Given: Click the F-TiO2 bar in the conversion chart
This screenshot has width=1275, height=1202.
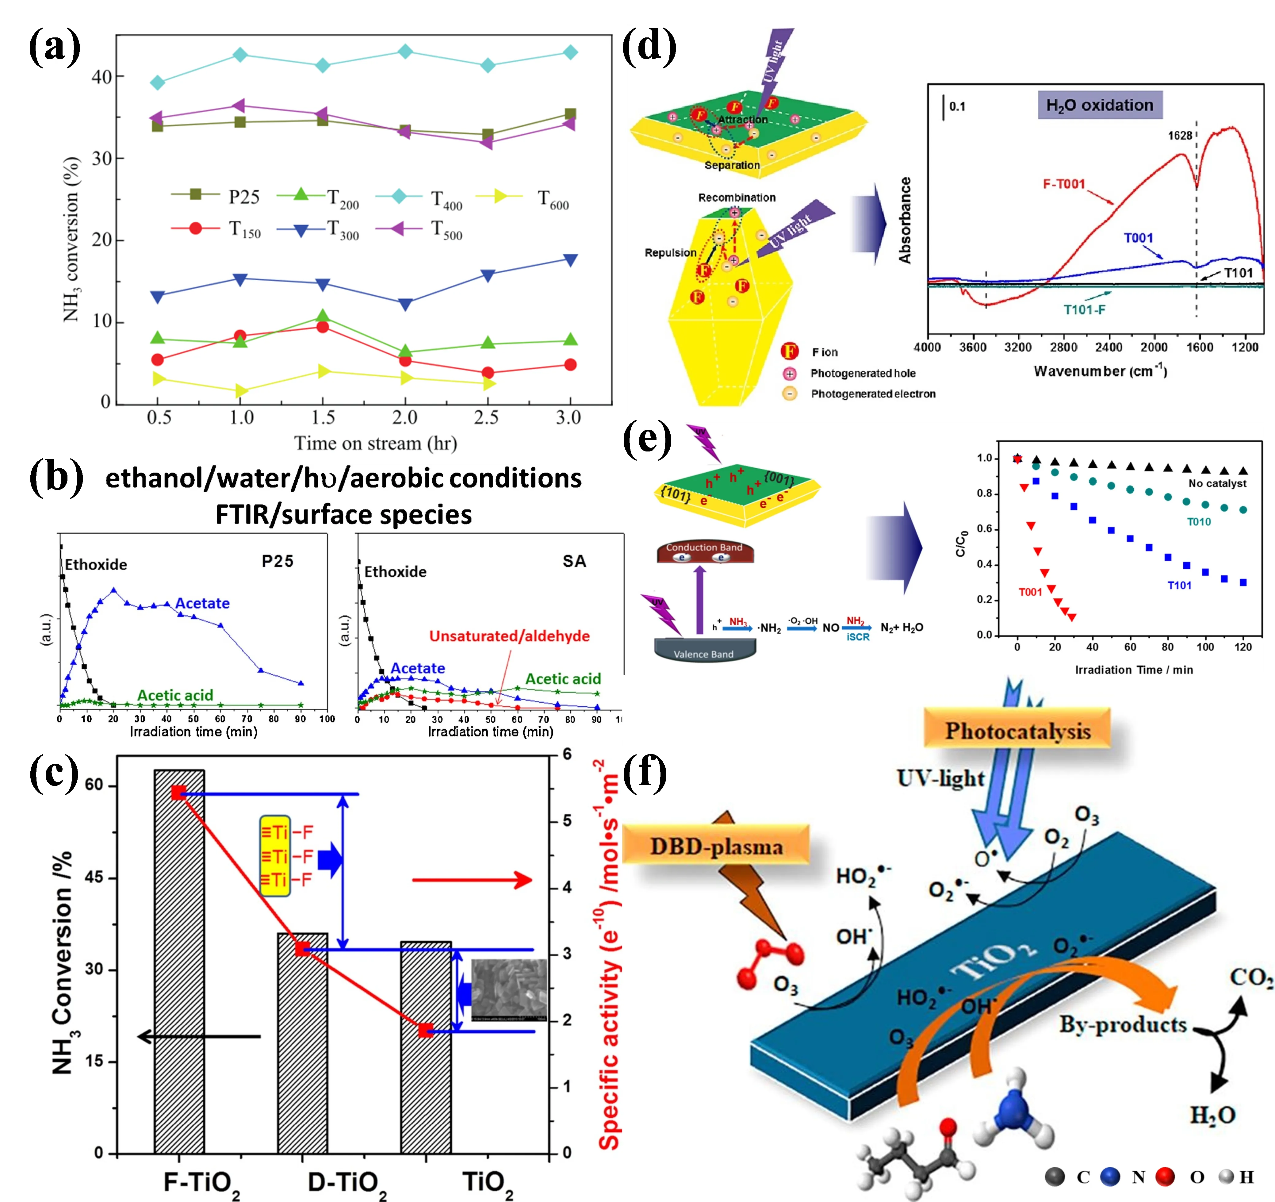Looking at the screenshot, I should [x=179, y=962].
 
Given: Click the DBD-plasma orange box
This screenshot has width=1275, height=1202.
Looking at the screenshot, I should [x=716, y=847].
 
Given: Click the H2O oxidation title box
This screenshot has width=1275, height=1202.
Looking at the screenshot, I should [x=1099, y=105].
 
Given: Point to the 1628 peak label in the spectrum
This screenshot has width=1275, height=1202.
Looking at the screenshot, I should [x=1179, y=135].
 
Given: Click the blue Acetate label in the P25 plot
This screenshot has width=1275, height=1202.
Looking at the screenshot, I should [x=202, y=603].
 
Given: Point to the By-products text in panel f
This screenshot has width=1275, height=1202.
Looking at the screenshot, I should [x=1122, y=1024].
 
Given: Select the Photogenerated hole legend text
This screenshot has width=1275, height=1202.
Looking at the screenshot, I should [x=863, y=373].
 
